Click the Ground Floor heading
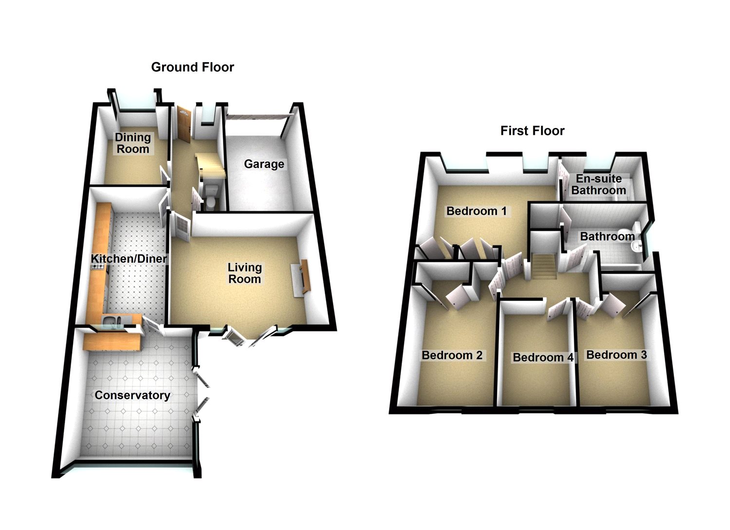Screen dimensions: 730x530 point(192,67)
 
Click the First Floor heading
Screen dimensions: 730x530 point(532,131)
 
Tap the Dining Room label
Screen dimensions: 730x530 point(132,143)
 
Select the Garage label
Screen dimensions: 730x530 point(264,164)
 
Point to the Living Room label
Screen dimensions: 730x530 point(245,273)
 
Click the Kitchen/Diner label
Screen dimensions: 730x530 point(129,259)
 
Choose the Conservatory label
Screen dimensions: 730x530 point(132,395)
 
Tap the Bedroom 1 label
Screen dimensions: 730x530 point(476,211)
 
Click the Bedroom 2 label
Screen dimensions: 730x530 point(452,355)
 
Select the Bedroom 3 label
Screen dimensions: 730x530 point(616,355)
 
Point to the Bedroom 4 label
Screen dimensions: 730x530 point(543,358)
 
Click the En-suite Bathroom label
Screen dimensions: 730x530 point(599,185)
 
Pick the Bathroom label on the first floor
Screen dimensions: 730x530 point(607,237)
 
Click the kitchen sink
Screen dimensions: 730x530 point(113,320)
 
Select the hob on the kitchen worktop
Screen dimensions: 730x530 point(95,266)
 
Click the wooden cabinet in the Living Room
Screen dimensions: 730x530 point(304,277)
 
